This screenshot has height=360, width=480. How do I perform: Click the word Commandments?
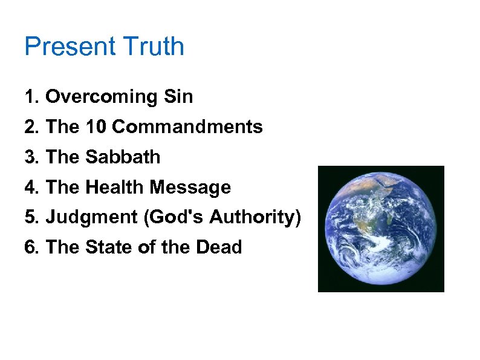coord(187,127)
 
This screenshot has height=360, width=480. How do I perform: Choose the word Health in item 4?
coord(115,188)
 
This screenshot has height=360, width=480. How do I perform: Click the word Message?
coord(190,188)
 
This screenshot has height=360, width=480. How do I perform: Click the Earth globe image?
coord(381,229)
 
